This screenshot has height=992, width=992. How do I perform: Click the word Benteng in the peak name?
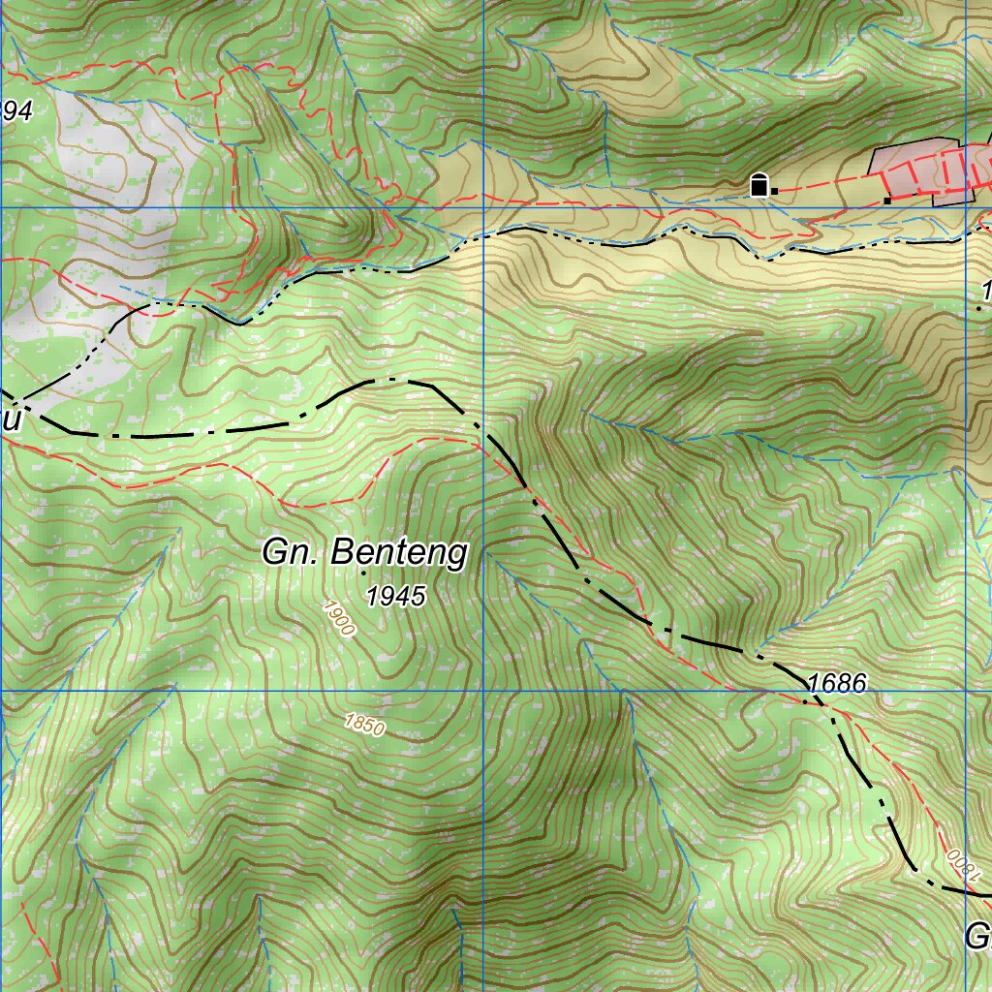coord(399,553)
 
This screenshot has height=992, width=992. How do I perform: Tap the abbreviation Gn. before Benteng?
coord(293,552)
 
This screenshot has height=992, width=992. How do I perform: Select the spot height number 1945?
coord(396,597)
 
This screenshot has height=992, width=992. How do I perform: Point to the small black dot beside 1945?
coord(363,573)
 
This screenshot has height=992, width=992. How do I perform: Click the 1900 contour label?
coord(339,618)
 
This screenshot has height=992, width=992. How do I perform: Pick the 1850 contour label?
coord(365,725)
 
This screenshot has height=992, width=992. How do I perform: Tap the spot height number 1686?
coord(836,684)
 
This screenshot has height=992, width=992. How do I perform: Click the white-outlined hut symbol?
coord(759,184)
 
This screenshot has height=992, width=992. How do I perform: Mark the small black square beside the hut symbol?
coord(774,192)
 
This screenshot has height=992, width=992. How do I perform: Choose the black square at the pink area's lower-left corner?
coord(886,201)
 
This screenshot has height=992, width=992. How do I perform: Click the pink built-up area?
coord(920,170)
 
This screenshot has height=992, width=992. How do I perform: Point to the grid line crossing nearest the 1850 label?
coord(482,691)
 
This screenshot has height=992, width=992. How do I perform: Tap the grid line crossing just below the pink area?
coord(966,207)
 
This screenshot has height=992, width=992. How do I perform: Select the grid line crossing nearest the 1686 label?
coord(966,691)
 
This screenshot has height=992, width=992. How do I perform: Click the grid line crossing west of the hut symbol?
coord(482,207)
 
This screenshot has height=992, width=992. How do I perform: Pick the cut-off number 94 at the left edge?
coord(16,112)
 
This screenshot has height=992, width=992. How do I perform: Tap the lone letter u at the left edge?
coord(11,421)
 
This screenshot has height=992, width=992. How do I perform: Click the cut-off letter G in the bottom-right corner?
coord(977,937)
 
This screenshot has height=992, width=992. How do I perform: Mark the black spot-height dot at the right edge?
coord(979,307)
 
